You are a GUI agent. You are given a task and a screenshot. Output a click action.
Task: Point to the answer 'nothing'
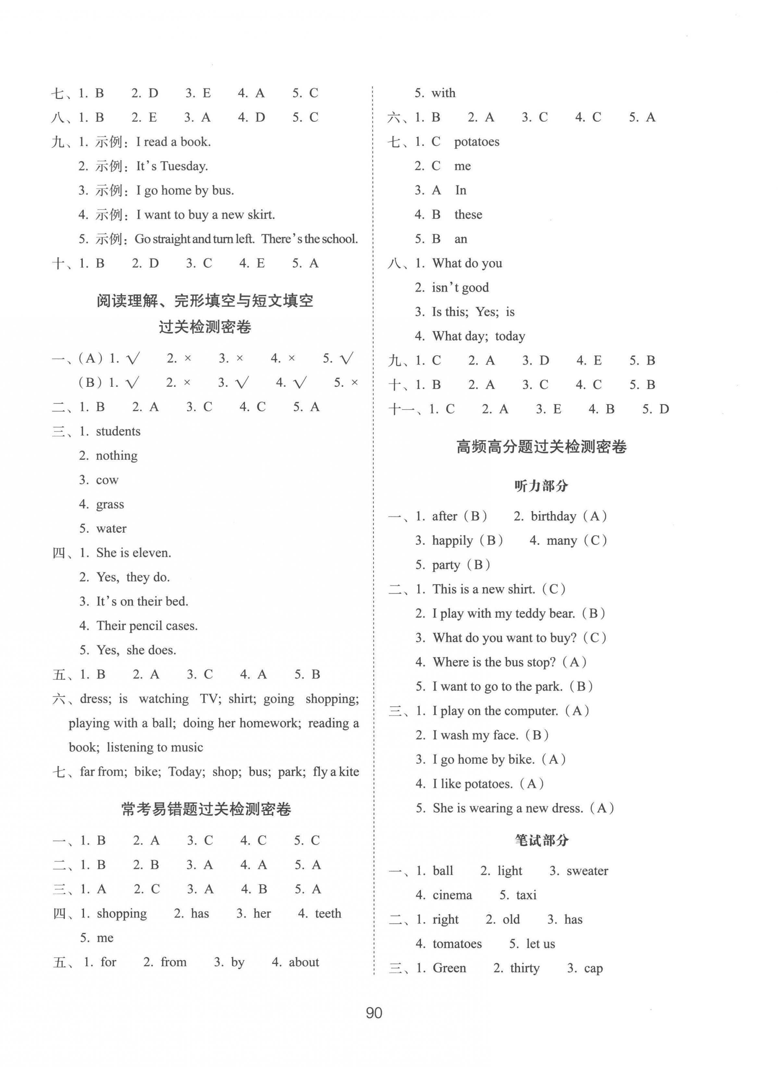[117, 456]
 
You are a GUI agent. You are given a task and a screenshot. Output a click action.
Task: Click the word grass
[110, 504]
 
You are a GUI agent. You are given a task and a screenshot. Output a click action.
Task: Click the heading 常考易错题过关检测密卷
[206, 809]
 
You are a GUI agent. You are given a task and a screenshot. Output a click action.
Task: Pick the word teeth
[328, 914]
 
